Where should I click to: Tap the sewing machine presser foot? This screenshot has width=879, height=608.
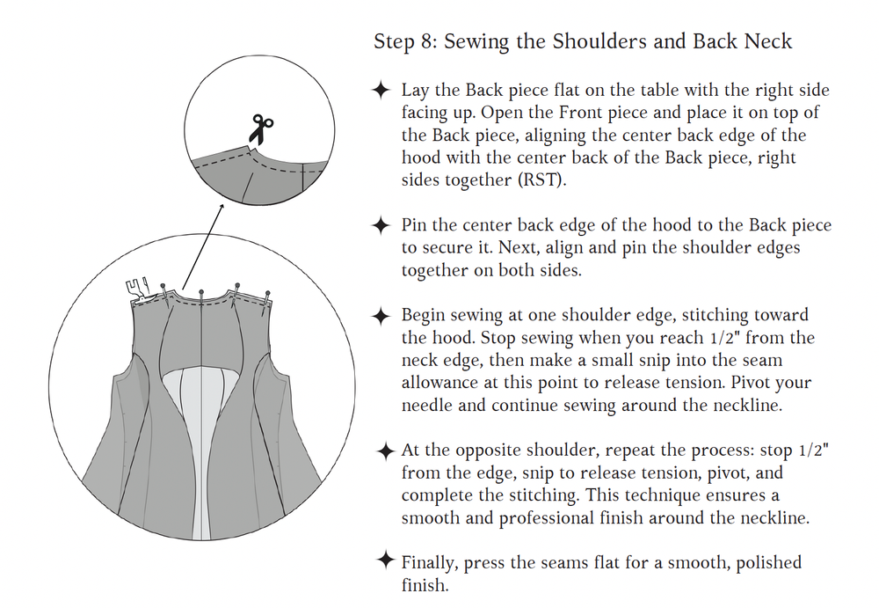point(137,290)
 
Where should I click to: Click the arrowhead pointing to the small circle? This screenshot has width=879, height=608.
point(222,207)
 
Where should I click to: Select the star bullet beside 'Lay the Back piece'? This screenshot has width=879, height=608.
point(381,90)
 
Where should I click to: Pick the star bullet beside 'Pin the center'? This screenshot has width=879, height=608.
point(381,225)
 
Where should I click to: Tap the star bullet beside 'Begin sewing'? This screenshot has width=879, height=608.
point(381,316)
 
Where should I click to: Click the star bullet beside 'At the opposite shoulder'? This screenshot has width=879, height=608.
point(386,451)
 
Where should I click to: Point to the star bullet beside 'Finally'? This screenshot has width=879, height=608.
point(386,560)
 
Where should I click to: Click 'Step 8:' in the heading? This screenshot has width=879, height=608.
point(405,41)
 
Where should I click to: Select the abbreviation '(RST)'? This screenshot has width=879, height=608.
point(542,180)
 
